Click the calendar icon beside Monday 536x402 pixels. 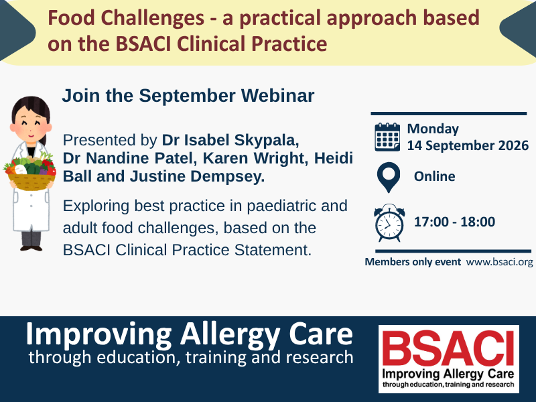387,137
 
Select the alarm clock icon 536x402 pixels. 389,222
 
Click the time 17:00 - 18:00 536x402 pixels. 454,222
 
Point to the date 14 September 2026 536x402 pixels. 468,145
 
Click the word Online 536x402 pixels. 434,176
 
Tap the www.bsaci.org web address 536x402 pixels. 499,262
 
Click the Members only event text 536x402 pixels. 413,262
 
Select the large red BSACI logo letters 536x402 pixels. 448,348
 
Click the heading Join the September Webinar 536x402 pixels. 188,95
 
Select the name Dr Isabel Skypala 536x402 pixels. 230,140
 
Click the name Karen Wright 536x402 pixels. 256,158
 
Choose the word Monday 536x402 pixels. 433,129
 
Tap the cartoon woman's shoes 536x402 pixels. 31,247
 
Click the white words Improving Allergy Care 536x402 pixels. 189,334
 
